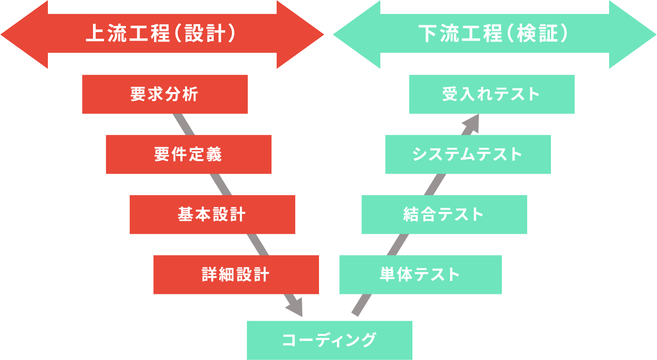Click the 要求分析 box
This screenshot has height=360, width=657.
tap(165, 94)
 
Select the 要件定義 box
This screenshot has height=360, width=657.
tap(188, 154)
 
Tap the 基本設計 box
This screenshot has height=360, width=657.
tap(212, 214)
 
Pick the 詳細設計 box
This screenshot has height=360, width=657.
tap(236, 275)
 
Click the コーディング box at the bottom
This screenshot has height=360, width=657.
tap(329, 340)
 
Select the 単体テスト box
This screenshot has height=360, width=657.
tap(420, 275)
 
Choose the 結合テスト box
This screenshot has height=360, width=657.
tap(444, 214)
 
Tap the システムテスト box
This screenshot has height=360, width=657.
tap(468, 154)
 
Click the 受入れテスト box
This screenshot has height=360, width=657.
tap(492, 94)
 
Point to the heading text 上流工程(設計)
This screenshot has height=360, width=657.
tap(161, 34)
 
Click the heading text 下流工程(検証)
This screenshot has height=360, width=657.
tap(494, 34)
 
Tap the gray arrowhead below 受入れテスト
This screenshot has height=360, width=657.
tap(472, 123)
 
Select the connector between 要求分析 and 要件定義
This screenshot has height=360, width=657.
tap(184, 125)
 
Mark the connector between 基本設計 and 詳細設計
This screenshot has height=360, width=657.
tap(258, 245)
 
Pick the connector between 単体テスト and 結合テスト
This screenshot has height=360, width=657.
tap(398, 245)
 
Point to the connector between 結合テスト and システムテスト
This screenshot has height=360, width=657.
tap(435, 185)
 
